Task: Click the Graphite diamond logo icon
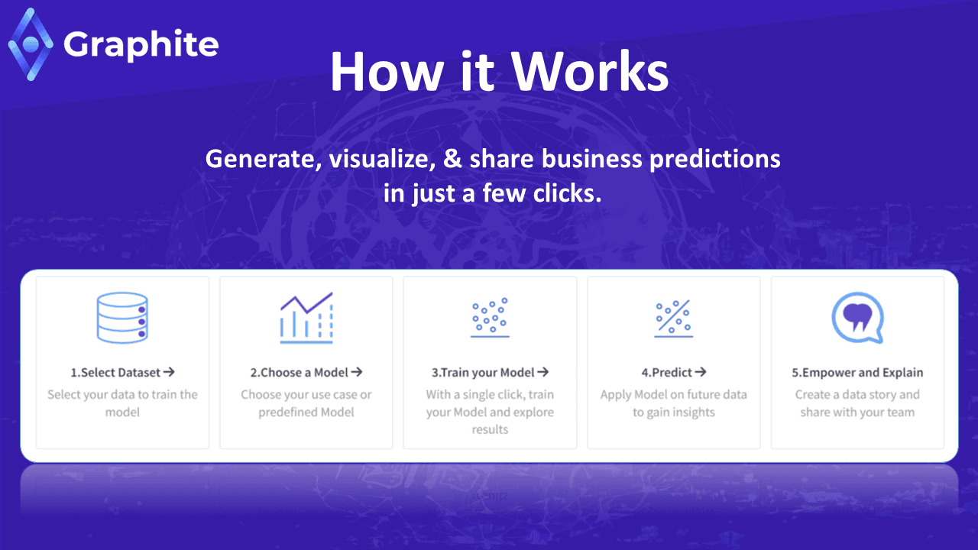pos(31,44)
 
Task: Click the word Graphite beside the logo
pos(141,45)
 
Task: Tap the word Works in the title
pos(590,71)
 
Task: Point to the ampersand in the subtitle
pos(452,158)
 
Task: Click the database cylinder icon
pos(122,318)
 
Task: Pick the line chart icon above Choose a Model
pos(306,318)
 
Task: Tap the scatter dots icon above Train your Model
pos(490,318)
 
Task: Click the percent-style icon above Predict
pos(674,319)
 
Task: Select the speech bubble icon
pos(857,318)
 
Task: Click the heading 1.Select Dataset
pos(115,372)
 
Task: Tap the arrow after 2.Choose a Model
pos(357,372)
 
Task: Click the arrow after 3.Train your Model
pos(543,372)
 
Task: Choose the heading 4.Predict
pos(667,372)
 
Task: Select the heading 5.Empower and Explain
pos(857,372)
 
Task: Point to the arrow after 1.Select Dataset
pos(169,372)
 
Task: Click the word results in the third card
pos(490,429)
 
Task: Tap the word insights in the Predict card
pos(692,412)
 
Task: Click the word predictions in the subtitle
pos(715,160)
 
